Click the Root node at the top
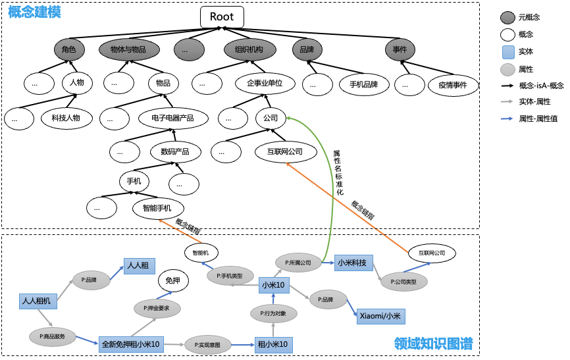click(x=222, y=17)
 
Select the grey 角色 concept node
click(x=69, y=49)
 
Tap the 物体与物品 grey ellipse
click(x=128, y=49)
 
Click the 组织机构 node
click(x=244, y=49)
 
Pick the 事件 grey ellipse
click(x=400, y=49)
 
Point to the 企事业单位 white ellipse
click(x=265, y=84)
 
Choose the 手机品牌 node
click(x=363, y=84)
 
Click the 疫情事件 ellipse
click(x=452, y=85)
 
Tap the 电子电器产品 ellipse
click(x=172, y=118)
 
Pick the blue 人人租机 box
click(x=38, y=301)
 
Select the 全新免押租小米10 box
click(x=131, y=344)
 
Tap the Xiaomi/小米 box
click(x=381, y=317)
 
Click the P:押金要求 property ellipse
click(x=157, y=307)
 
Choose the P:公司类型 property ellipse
click(x=403, y=282)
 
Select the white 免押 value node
click(x=173, y=281)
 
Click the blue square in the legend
click(x=507, y=53)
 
